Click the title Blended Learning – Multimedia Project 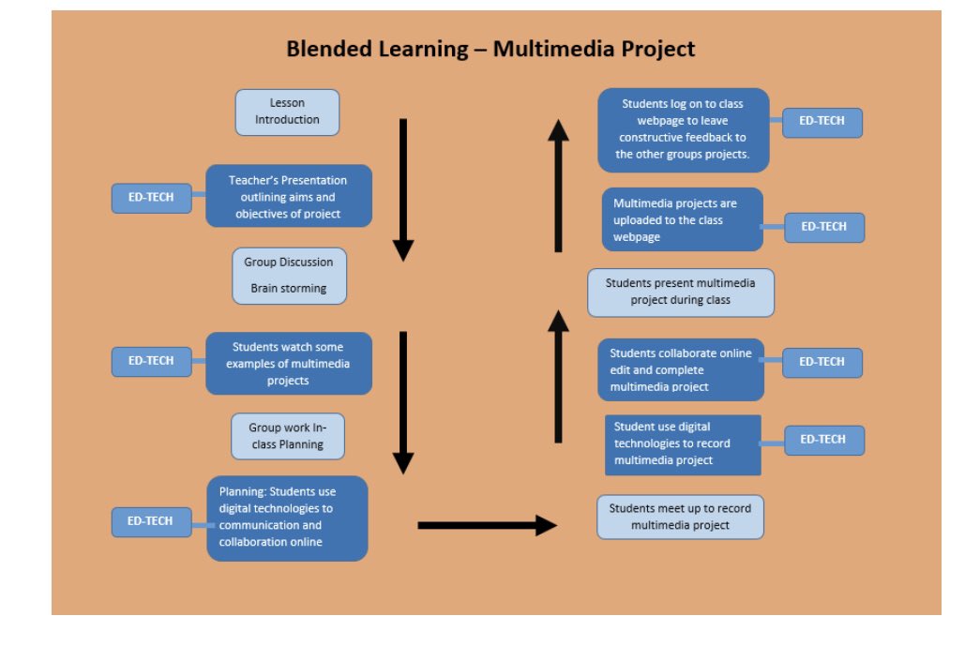(490, 49)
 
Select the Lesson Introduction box (287, 112)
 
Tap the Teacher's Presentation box (288, 196)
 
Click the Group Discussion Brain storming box (289, 276)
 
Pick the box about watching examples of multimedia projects (288, 363)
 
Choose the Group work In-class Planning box (288, 436)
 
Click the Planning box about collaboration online (287, 518)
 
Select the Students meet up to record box (680, 517)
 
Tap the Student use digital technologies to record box (682, 444)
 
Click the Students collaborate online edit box (681, 369)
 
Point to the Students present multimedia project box (680, 292)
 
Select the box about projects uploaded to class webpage (682, 219)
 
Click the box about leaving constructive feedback (683, 129)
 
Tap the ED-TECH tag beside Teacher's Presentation (151, 198)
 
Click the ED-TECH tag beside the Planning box (151, 521)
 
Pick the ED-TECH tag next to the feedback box (822, 122)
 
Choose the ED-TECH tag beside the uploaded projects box (824, 227)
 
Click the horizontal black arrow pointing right (487, 525)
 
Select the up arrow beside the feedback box (558, 185)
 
